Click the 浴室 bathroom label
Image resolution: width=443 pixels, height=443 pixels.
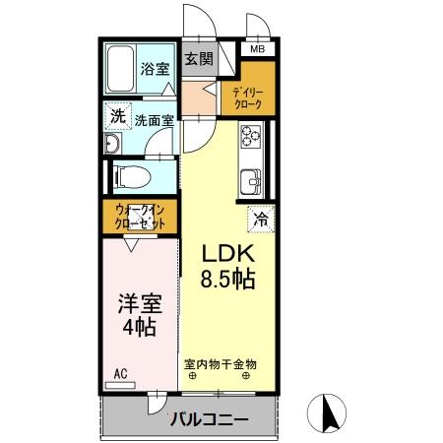tap(155, 69)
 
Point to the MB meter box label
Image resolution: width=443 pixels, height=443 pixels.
tap(256, 49)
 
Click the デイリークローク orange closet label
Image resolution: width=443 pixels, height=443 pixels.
tap(246, 96)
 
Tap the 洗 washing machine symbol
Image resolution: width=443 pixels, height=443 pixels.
tap(117, 116)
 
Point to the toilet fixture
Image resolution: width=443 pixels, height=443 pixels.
tap(127, 177)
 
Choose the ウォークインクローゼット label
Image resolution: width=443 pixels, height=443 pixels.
tap(139, 217)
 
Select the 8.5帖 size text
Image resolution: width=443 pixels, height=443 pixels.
tap(229, 279)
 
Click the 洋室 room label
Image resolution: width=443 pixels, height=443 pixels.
tap(138, 302)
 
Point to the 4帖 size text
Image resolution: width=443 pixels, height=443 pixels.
tap(138, 328)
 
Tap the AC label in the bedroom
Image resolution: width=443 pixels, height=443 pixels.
tap(119, 373)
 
